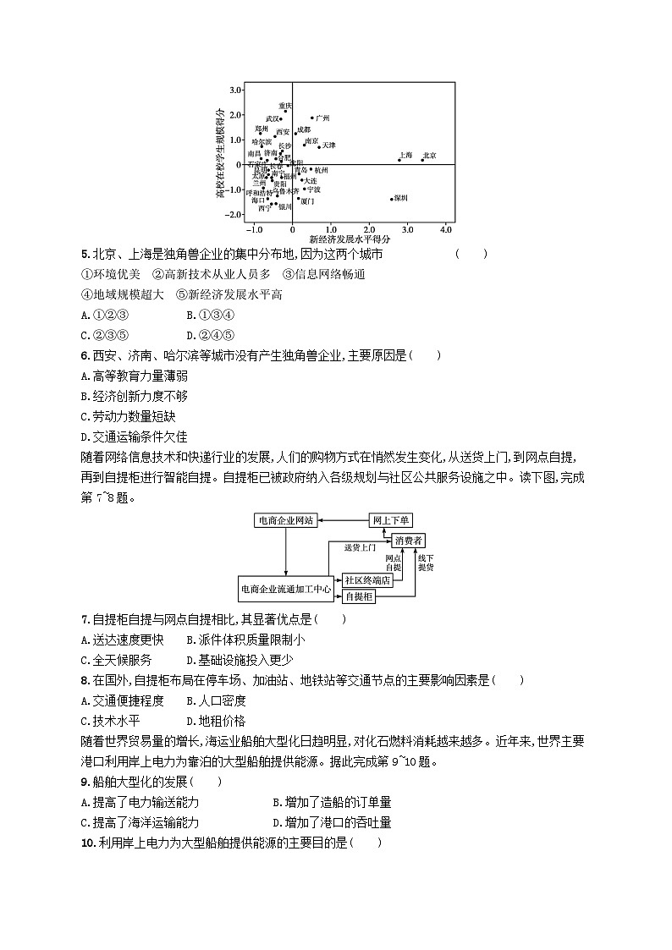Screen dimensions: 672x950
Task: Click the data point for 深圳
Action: pyautogui.click(x=391, y=199)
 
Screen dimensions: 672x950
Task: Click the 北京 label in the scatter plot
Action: pyautogui.click(x=430, y=156)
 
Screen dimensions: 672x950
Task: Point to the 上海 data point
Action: pyautogui.click(x=399, y=159)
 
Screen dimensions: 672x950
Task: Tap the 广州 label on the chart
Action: pyautogui.click(x=322, y=118)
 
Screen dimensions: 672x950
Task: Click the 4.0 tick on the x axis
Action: pyautogui.click(x=446, y=229)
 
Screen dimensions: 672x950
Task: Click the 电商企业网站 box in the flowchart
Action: pyautogui.click(x=286, y=520)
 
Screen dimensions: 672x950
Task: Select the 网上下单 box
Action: pyautogui.click(x=390, y=520)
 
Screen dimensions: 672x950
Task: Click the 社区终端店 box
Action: pyautogui.click(x=367, y=580)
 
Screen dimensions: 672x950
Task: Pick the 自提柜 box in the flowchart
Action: pyautogui.click(x=359, y=596)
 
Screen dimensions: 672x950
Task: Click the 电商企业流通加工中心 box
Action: pyautogui.click(x=286, y=588)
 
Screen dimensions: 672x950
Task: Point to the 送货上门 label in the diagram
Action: pyautogui.click(x=360, y=547)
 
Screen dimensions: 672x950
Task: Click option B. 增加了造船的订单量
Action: pyautogui.click(x=332, y=802)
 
